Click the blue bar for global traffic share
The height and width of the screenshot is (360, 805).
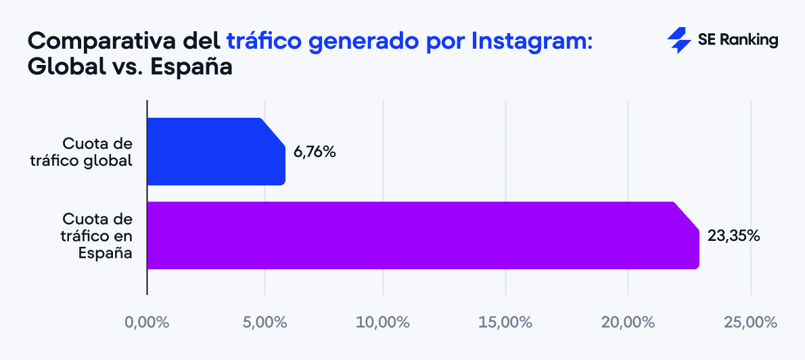[x=215, y=152]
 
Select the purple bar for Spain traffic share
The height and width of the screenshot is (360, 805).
[x=419, y=235]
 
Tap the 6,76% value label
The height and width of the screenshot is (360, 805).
[x=315, y=152]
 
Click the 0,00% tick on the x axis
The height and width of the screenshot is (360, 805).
[x=147, y=322]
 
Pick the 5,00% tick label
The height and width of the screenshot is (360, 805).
[x=264, y=322]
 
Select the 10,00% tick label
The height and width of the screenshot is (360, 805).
[x=384, y=322]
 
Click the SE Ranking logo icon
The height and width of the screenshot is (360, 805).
[x=678, y=41]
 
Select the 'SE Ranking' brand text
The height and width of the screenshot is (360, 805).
[x=737, y=41]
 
